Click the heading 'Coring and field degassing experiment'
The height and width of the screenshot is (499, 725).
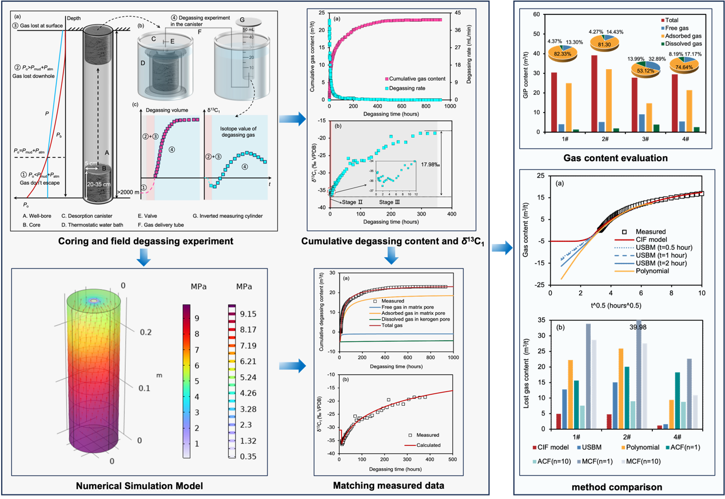pyautogui.click(x=146, y=241)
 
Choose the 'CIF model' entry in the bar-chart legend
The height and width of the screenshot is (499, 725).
pyautogui.click(x=552, y=447)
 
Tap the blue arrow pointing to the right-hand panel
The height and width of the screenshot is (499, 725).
pyautogui.click(x=501, y=249)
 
